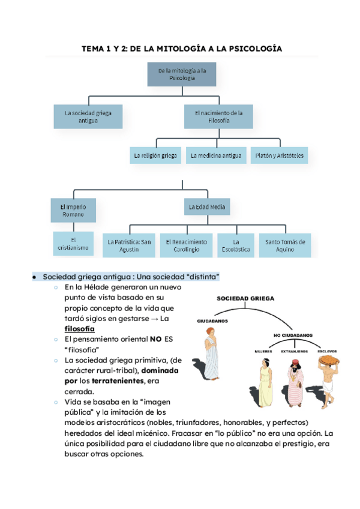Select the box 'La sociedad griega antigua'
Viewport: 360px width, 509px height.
pyautogui.click(x=88, y=116)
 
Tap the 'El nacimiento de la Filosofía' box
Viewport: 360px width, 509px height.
pyautogui.click(x=218, y=116)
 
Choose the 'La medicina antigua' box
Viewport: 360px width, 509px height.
pyautogui.click(x=216, y=156)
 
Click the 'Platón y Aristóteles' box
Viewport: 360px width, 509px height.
pyautogui.click(x=280, y=156)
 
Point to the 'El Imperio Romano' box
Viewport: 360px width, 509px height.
pyautogui.click(x=72, y=211)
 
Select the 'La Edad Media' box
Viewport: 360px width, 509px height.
pyautogui.click(x=207, y=208)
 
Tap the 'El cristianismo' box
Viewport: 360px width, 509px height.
pyautogui.click(x=73, y=242)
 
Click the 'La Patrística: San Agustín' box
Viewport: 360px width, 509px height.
pyautogui.click(x=130, y=245)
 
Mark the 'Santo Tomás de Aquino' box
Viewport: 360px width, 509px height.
pyautogui.click(x=285, y=245)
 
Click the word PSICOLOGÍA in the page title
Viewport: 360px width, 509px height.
pyautogui.click(x=249, y=49)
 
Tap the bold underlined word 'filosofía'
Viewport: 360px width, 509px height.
pyautogui.click(x=79, y=329)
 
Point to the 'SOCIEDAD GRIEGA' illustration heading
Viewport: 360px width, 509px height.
pyautogui.click(x=247, y=298)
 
